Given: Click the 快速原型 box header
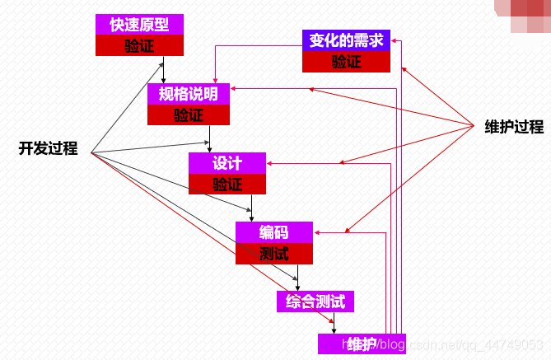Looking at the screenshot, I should pyautogui.click(x=138, y=25).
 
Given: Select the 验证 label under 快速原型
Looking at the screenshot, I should pyautogui.click(x=138, y=45).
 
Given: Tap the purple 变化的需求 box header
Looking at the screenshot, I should pyautogui.click(x=346, y=40).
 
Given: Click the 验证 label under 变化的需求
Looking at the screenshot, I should pyautogui.click(x=346, y=62).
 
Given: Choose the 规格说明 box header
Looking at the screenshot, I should pyautogui.click(x=188, y=93).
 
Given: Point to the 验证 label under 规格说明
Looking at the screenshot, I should pyautogui.click(x=188, y=115).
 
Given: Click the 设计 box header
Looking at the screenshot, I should pyautogui.click(x=227, y=163).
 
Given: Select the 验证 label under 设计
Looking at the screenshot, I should pyautogui.click(x=227, y=184).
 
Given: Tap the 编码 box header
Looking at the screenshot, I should pyautogui.click(x=273, y=232).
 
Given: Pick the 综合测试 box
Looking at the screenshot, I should pyautogui.click(x=315, y=302).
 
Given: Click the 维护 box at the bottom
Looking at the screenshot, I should pyautogui.click(x=350, y=344).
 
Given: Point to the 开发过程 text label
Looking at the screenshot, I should pyautogui.click(x=48, y=149).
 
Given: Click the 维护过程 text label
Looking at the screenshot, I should pyautogui.click(x=514, y=127).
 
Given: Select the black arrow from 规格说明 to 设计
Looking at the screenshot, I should pyautogui.click(x=211, y=138).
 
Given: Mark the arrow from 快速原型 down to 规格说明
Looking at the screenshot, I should pyautogui.click(x=163, y=69).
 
